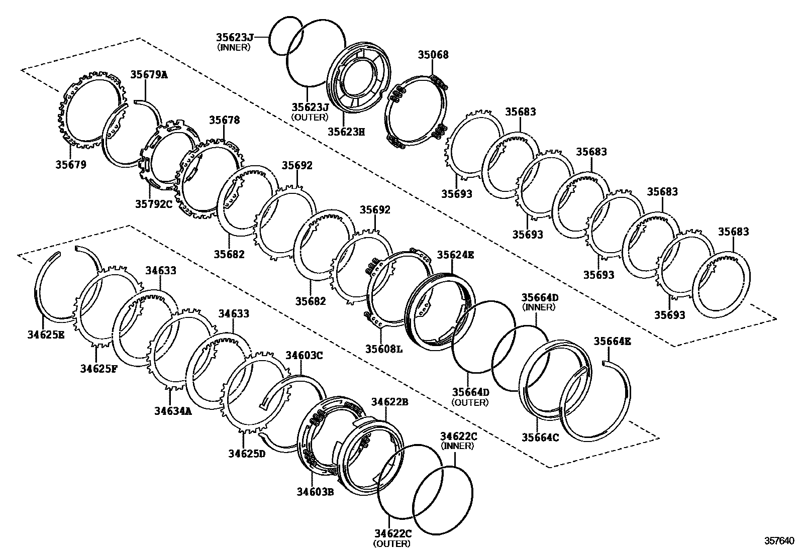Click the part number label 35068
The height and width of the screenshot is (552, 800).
(x=433, y=55)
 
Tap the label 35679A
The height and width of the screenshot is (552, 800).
(x=149, y=75)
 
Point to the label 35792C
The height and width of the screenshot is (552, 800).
(x=153, y=204)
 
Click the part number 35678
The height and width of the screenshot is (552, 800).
(x=225, y=120)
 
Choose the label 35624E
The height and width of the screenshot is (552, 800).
(x=455, y=255)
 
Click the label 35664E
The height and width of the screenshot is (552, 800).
(x=612, y=342)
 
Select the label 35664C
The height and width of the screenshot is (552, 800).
(x=540, y=437)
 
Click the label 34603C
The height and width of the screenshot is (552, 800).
(x=304, y=356)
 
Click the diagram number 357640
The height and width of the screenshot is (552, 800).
(x=779, y=541)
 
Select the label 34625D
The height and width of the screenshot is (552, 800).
(x=247, y=454)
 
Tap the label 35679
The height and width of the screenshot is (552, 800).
(x=71, y=164)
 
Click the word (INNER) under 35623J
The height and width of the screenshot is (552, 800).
(x=234, y=47)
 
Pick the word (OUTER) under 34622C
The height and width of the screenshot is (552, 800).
(x=391, y=543)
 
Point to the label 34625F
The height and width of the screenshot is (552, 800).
(x=98, y=369)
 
